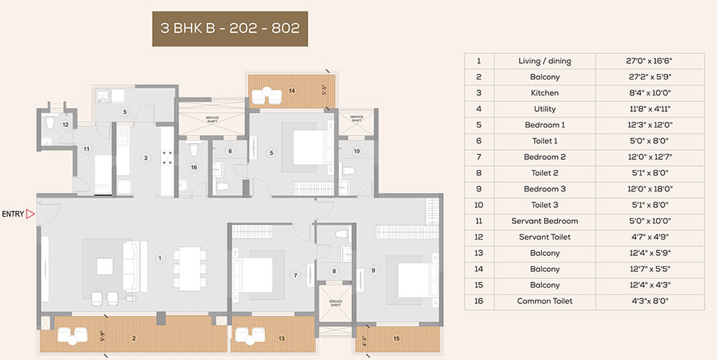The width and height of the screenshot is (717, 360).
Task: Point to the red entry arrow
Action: point(31,214)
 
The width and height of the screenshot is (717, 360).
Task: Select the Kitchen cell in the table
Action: point(544,93)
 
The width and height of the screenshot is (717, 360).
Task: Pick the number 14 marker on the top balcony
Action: point(291,91)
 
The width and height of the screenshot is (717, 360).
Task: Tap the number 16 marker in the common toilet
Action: point(194,167)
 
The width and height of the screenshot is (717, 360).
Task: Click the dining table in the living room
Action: point(189,268)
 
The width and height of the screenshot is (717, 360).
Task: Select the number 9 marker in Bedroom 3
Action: point(374,270)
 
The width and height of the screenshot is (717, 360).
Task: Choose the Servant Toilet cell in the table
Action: point(544,237)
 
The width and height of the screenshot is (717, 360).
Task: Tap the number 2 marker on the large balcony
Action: point(133,337)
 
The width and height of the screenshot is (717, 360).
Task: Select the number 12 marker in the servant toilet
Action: point(65,125)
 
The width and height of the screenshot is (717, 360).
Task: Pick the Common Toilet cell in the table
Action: point(544,301)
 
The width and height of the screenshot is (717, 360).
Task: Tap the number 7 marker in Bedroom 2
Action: point(295,275)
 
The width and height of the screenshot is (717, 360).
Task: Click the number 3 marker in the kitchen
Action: point(146,158)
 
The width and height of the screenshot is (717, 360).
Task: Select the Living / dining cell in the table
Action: point(544,61)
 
